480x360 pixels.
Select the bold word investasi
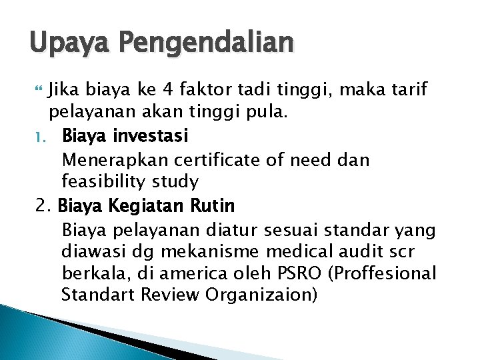152,136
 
